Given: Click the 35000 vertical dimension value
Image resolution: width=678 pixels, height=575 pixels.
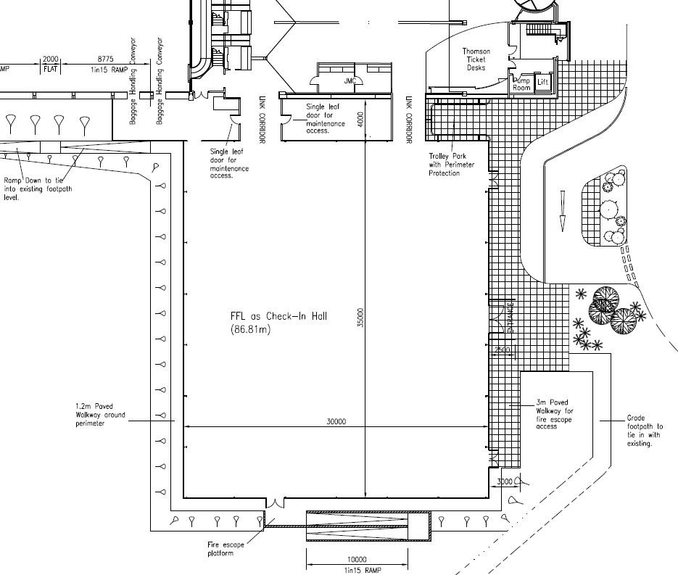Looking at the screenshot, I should point(360,317).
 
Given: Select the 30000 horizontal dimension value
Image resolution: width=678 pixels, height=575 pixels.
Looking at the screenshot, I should point(336,422).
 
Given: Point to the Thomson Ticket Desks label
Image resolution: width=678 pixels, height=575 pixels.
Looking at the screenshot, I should point(476,59).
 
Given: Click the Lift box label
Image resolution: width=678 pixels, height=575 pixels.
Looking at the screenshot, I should point(543,83).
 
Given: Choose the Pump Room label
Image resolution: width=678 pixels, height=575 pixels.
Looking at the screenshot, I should point(522,84).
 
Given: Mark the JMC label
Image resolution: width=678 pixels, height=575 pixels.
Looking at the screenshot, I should point(350,80).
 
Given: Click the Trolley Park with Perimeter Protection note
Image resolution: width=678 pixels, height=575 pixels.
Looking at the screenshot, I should point(451,165).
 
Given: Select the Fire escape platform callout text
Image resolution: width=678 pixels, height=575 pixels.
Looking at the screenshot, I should point(226,549).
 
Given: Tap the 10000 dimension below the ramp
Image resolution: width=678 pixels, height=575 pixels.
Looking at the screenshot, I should point(357,560).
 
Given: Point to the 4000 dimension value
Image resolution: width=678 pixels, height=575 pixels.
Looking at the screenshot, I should point(360,119).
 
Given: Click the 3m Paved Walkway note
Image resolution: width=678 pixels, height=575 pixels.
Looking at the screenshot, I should point(553,414).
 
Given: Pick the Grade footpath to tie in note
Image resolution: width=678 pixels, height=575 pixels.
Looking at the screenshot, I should point(645,431).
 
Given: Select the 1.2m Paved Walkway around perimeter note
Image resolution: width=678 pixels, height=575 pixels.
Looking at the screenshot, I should point(100,415).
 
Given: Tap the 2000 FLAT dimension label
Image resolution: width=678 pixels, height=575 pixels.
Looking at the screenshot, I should point(51,64).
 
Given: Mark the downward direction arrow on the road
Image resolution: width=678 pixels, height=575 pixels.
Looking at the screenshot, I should point(563,211).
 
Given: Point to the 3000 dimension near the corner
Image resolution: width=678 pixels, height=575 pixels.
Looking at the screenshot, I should point(505,481).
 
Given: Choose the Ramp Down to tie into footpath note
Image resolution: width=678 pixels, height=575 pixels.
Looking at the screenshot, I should point(38,189).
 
